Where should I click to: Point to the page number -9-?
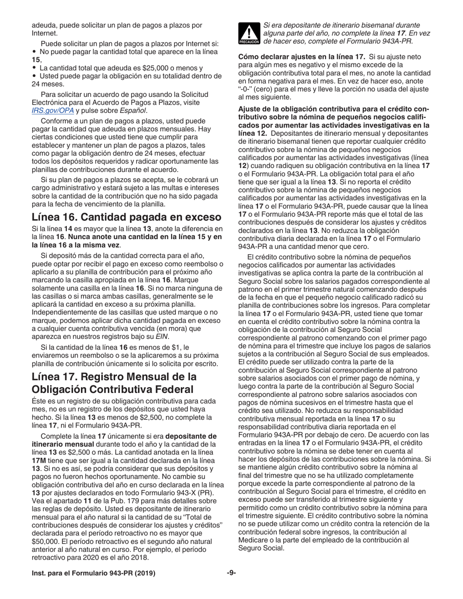[x=231, y=573]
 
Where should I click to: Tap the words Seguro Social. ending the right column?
[x=259, y=547]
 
